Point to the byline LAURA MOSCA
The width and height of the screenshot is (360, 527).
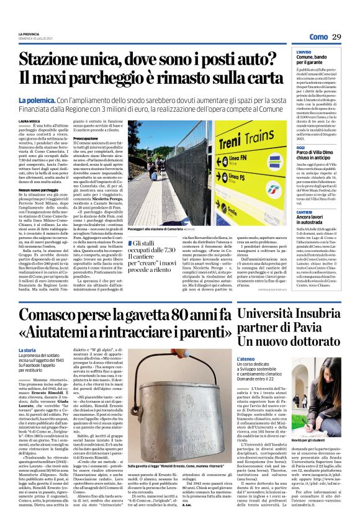pos(29,121)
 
